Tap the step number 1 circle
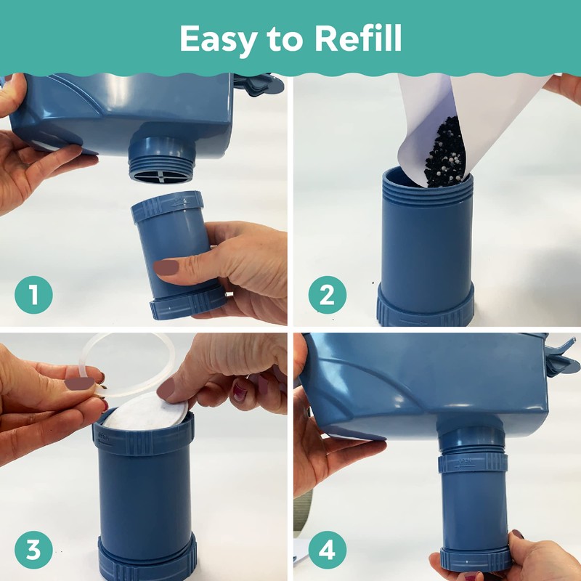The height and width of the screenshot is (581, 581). (x=33, y=296)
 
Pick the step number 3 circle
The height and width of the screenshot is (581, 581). (x=33, y=550)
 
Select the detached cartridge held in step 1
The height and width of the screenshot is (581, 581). (x=174, y=247)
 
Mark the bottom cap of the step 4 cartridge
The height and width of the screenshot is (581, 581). (x=476, y=558)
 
